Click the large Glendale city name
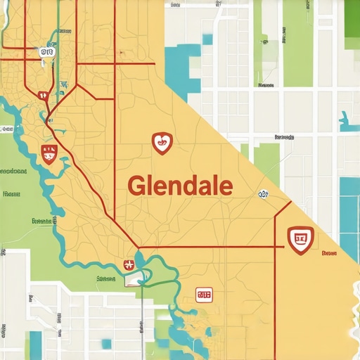click(x=180, y=186)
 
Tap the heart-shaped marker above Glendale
click(x=162, y=143)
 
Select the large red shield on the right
click(x=301, y=240)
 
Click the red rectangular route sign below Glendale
click(x=204, y=295)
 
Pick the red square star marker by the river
click(x=128, y=264)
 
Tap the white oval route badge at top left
click(x=46, y=51)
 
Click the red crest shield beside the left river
click(x=50, y=153)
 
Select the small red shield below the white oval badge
click(x=42, y=95)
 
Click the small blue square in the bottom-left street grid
click(x=105, y=343)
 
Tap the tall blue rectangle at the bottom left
click(x=35, y=345)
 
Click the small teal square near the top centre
click(x=206, y=39)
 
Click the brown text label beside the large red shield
click(x=328, y=252)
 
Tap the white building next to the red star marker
click(x=133, y=281)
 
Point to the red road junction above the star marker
click(x=138, y=247)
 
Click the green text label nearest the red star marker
click(x=105, y=278)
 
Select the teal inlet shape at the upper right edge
click(x=348, y=122)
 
